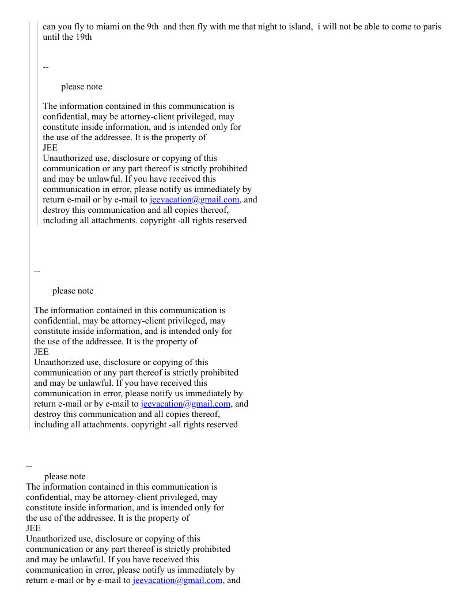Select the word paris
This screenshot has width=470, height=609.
[x=430, y=27]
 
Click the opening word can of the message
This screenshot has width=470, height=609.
[x=50, y=27]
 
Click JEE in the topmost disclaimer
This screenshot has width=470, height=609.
[x=50, y=148]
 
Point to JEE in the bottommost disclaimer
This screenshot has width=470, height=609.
[x=33, y=528]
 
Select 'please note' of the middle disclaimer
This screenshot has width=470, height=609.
[x=73, y=291]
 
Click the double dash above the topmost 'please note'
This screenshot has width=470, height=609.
[x=46, y=67]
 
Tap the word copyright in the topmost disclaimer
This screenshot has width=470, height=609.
[x=157, y=220]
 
